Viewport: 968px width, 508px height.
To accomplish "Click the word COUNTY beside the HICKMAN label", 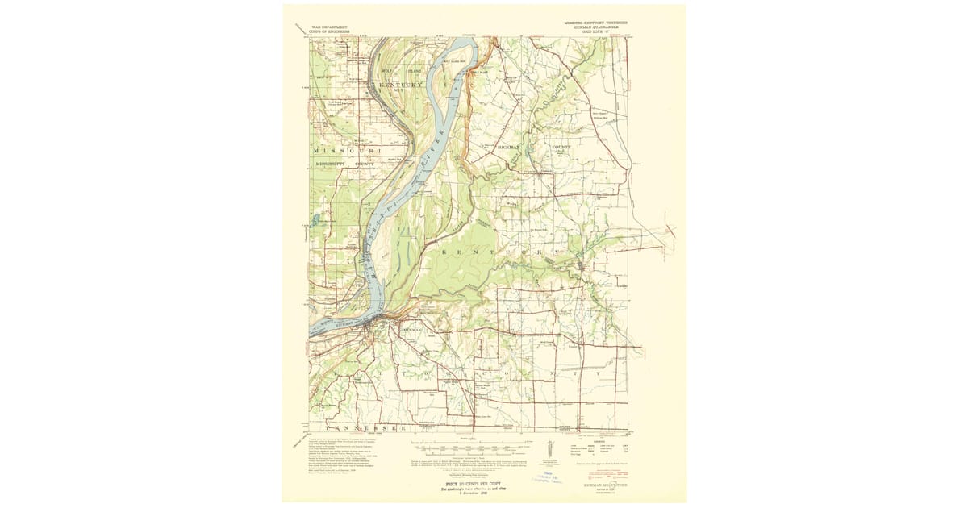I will [560, 147].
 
